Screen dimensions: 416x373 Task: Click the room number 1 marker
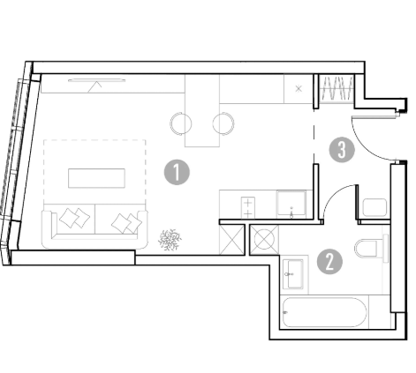[x=177, y=172]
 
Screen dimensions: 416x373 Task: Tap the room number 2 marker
[x=329, y=262]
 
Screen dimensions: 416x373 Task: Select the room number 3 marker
[x=342, y=150]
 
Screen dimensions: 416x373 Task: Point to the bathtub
[x=324, y=312]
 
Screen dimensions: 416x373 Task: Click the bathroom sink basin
[x=293, y=274]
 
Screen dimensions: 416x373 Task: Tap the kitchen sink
[x=291, y=204]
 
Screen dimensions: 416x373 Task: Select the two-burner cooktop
[x=248, y=207]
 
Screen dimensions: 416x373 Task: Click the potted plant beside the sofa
[x=170, y=240]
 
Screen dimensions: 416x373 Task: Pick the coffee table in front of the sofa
[x=96, y=178]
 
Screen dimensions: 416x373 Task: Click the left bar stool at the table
[x=180, y=123]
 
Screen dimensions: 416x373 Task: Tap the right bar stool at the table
[x=223, y=123]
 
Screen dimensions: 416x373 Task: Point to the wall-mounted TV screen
[x=96, y=80]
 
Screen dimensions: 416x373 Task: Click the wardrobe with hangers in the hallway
[x=337, y=88]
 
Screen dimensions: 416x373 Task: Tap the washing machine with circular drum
[x=264, y=240]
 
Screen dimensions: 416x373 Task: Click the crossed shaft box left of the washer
[x=232, y=240]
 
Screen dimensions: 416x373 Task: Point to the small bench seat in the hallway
[x=374, y=207]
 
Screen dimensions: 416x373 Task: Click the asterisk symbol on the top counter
[x=299, y=88]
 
